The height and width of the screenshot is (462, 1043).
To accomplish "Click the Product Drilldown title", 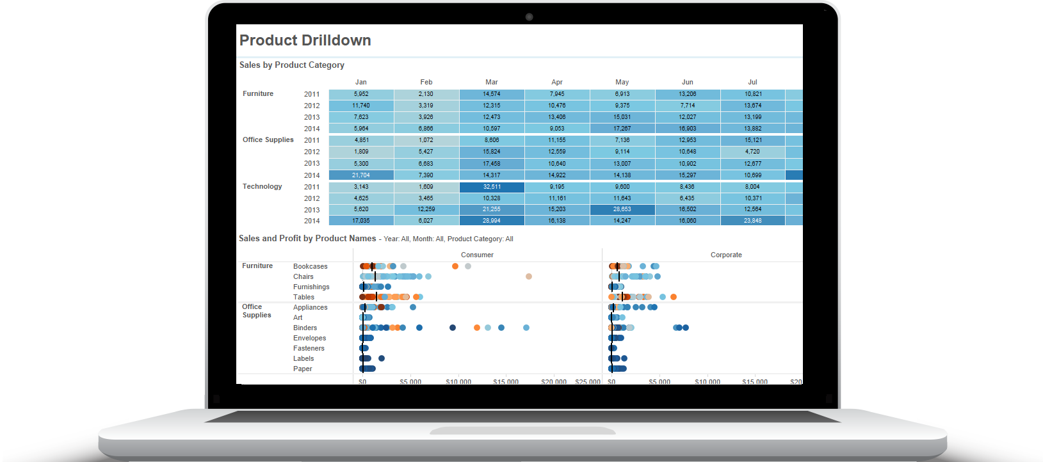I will (305, 40).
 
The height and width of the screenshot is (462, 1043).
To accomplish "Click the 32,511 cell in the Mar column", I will (492, 187).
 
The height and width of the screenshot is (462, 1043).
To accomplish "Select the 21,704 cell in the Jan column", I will (360, 175).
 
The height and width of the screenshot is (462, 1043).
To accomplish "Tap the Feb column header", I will (426, 82).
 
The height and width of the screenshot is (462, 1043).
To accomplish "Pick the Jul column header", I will (752, 82).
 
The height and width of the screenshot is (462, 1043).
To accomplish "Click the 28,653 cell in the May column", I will (622, 209).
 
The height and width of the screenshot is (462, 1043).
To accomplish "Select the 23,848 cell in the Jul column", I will (752, 221).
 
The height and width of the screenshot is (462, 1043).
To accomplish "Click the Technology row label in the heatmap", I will (262, 186).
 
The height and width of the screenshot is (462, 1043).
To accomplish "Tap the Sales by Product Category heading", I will (291, 65).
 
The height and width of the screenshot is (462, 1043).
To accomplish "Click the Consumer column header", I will (477, 255).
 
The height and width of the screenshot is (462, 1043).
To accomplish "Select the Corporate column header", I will (726, 255).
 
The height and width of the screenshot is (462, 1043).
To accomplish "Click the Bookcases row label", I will (310, 266).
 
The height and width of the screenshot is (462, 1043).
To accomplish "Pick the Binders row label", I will (305, 328).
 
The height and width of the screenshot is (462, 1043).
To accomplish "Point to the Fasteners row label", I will (309, 348).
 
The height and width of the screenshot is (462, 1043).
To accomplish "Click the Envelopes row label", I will (309, 338).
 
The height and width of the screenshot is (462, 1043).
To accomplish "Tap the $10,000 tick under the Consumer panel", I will (458, 381).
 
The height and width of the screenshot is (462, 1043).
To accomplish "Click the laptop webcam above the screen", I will (529, 17).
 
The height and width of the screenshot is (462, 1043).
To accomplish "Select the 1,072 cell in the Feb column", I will (426, 140).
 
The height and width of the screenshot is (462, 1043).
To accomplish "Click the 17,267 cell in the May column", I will (622, 129).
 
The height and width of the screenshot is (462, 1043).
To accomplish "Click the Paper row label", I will (302, 369).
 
